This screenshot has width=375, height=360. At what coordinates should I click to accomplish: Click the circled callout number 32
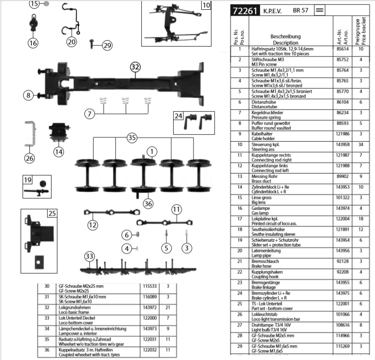[x=135, y=67]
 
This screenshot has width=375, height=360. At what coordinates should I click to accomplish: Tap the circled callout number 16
[x=33, y=43]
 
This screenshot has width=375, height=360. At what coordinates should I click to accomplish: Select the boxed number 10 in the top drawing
[x=206, y=6]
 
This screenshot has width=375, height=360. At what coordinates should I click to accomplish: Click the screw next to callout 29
[x=92, y=44]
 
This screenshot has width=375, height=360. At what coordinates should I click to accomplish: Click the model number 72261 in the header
[x=244, y=10]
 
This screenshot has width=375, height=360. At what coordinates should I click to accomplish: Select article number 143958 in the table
[x=342, y=144]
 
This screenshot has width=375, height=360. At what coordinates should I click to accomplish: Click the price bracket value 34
[x=361, y=144]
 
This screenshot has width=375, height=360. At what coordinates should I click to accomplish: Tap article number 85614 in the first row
[x=342, y=49]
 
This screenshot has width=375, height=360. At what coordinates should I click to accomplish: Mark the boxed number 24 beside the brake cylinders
[x=179, y=117]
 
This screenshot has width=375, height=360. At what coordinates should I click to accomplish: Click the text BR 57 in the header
[x=300, y=10]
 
